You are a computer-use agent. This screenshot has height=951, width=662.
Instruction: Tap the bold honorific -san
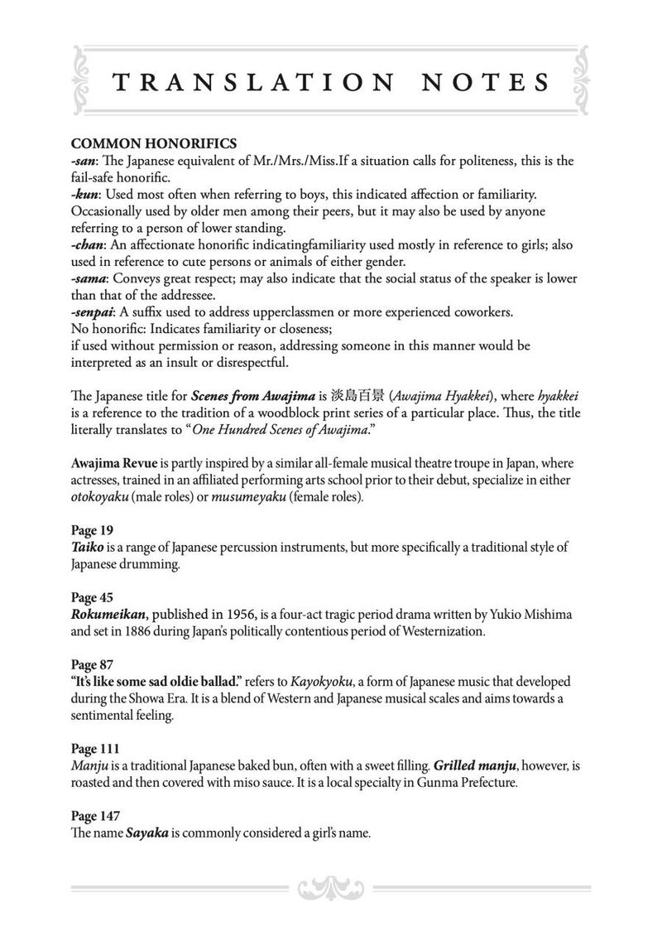coord(85,161)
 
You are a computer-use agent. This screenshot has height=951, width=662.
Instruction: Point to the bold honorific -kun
coord(86,195)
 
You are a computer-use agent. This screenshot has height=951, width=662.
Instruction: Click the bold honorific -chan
coord(89,246)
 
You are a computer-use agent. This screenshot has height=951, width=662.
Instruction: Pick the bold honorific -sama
coord(90,280)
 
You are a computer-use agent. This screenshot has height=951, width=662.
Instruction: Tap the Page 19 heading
coord(92,530)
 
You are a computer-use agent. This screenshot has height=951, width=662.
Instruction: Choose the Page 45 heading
coord(92,598)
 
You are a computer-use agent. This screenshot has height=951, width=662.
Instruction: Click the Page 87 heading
coord(92,665)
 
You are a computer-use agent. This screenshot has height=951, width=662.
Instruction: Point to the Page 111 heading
coord(95,750)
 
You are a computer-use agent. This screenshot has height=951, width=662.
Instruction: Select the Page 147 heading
coord(95,818)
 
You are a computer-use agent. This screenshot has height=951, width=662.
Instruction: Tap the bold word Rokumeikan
coord(109,615)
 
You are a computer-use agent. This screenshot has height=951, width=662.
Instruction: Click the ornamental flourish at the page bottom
coord(330,888)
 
